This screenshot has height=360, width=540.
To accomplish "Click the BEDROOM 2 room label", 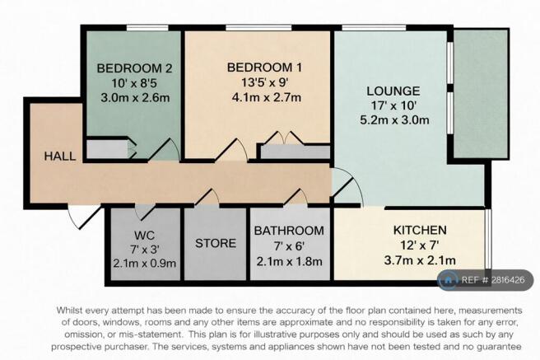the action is click(134, 68).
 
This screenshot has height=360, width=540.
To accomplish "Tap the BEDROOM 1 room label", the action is click(264, 68).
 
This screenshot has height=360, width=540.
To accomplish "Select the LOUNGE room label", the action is click(393, 91).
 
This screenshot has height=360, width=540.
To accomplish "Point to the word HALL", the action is click(60, 156).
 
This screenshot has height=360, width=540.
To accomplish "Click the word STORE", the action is click(216, 244).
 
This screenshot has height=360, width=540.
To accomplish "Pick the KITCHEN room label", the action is click(420, 230).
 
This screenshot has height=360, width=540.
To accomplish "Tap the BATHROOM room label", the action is click(289, 231).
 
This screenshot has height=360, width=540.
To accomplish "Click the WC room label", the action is click(144, 236).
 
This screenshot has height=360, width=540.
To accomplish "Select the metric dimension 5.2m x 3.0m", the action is click(394, 120).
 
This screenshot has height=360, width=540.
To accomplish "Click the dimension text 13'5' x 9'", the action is click(264, 82).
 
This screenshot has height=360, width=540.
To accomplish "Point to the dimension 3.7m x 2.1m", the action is click(420, 260).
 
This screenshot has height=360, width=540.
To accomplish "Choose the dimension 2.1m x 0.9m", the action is click(145, 264).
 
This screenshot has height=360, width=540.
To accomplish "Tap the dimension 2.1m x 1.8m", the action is click(289, 261).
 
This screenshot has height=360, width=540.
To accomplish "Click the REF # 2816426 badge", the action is click(485, 280).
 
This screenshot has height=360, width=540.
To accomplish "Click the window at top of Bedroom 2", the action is click(147, 28).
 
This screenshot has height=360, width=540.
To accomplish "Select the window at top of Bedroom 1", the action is click(258, 28).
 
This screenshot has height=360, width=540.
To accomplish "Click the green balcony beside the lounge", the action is click(481, 94).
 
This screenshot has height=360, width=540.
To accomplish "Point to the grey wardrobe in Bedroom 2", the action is click(108, 149).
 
